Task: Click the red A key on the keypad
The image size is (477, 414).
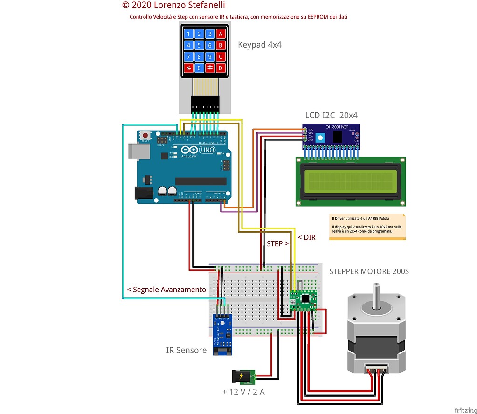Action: pyautogui.click(x=221, y=34)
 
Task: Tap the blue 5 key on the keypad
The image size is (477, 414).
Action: pyautogui.click(x=199, y=45)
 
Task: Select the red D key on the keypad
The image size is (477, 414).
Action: pyautogui.click(x=221, y=68)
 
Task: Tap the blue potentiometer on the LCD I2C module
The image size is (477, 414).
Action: pyautogui.click(x=320, y=137)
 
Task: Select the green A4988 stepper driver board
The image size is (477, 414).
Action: pyautogui.click(x=303, y=300)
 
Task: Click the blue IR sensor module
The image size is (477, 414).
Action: pyautogui.click(x=222, y=334)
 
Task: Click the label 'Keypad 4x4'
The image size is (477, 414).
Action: pyautogui.click(x=260, y=45)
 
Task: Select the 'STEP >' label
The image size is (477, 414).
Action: pyautogui.click(x=277, y=243)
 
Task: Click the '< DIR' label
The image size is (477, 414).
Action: pyautogui.click(x=306, y=237)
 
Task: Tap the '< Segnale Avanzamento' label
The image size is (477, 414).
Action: pyautogui.click(x=166, y=290)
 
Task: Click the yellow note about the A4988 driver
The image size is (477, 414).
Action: pyautogui.click(x=367, y=227)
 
